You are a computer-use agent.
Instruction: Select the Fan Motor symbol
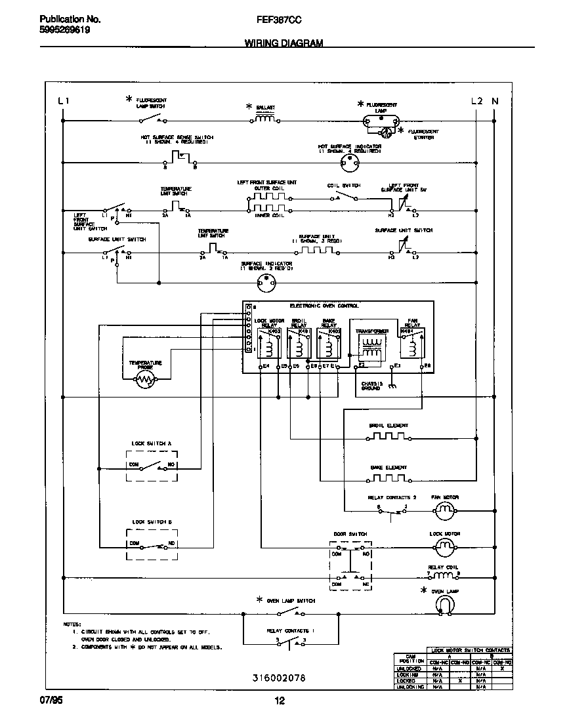click(x=446, y=509)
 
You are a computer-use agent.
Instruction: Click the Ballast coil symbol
click(x=264, y=119)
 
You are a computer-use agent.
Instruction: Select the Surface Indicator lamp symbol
click(x=266, y=283)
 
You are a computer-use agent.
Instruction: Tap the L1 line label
click(x=62, y=101)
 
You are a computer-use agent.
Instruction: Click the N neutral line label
click(x=495, y=101)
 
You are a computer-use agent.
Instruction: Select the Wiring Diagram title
click(x=283, y=43)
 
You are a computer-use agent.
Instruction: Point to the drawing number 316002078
click(x=280, y=677)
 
